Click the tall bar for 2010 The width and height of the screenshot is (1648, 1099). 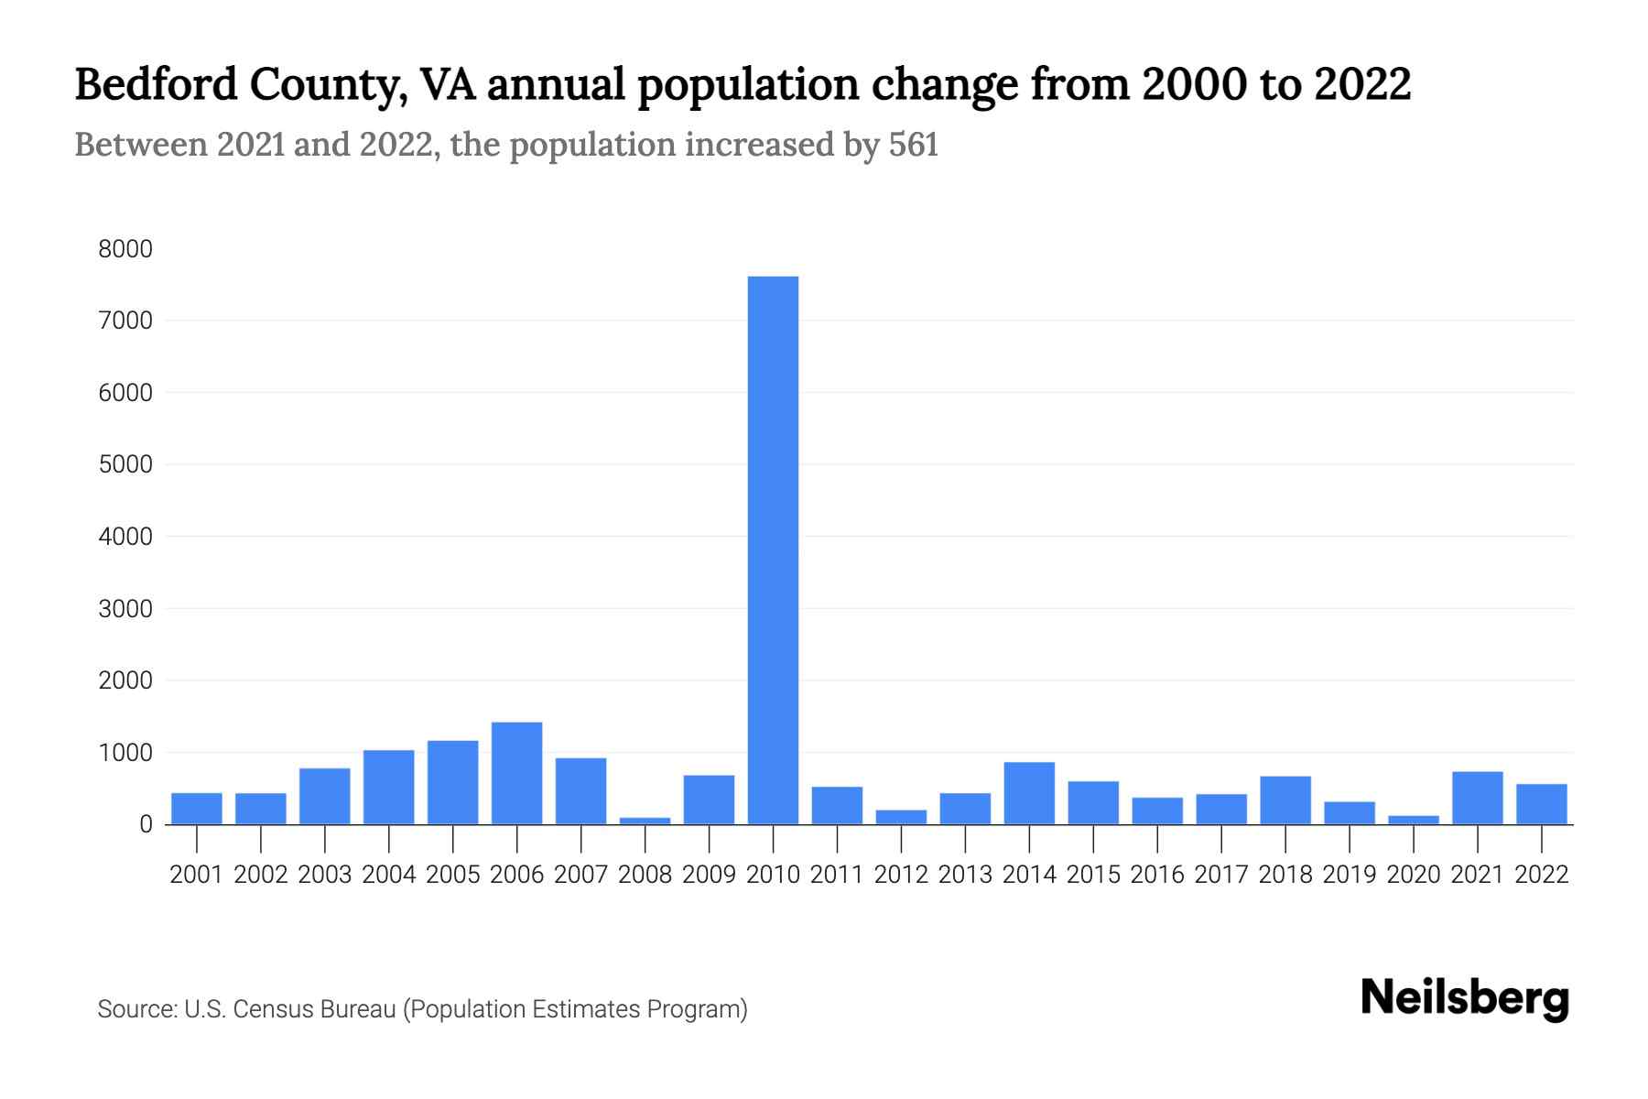click(x=773, y=549)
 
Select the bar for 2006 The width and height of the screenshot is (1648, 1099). click(x=516, y=774)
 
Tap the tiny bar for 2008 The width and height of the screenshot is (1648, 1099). click(x=645, y=821)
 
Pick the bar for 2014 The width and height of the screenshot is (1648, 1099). click(x=1029, y=793)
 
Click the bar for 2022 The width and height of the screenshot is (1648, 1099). click(x=1542, y=804)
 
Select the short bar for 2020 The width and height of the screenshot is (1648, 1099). click(x=1414, y=820)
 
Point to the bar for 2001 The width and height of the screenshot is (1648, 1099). click(x=197, y=809)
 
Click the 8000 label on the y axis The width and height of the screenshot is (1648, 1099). click(x=125, y=249)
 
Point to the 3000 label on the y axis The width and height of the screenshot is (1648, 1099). click(x=125, y=609)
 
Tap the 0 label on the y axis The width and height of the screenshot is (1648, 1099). click(x=146, y=824)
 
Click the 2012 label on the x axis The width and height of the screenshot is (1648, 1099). click(x=901, y=875)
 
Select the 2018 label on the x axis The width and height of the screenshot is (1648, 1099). click(x=1285, y=875)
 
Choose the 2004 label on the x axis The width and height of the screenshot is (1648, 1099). click(x=389, y=875)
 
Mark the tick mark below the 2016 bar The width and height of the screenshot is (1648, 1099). click(x=1157, y=837)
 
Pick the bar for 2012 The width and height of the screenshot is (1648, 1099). click(x=901, y=817)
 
